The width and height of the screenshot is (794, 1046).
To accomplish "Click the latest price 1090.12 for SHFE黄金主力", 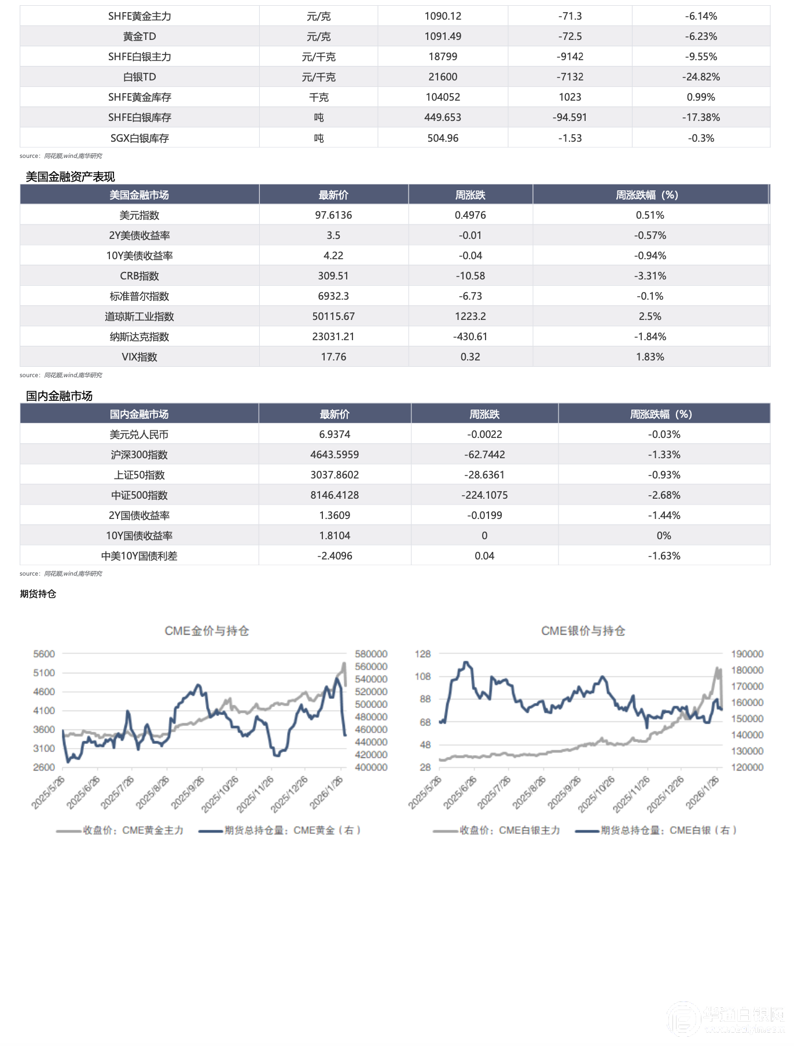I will pyautogui.click(x=443, y=16).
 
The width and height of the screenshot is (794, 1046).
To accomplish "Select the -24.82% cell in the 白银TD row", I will pyautogui.click(x=701, y=77).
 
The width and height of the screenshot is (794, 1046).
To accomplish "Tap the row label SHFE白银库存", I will pyautogui.click(x=139, y=117).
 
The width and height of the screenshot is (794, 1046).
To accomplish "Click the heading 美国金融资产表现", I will pyautogui.click(x=70, y=176).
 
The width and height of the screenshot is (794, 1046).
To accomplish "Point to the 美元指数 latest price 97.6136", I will pyautogui.click(x=333, y=215).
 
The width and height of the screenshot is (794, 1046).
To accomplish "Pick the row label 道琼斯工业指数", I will pyautogui.click(x=139, y=316).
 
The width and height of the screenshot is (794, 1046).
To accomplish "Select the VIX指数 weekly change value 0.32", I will pyautogui.click(x=470, y=357).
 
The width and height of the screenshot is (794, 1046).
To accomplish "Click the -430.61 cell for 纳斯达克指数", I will pyautogui.click(x=470, y=337).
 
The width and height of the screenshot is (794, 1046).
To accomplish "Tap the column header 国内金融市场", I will pyautogui.click(x=139, y=414).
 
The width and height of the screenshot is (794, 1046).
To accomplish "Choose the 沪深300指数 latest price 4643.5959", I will pyautogui.click(x=334, y=455).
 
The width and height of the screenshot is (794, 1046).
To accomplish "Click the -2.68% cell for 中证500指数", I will pyautogui.click(x=664, y=495).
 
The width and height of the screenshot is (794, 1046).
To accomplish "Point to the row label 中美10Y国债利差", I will pyautogui.click(x=139, y=556).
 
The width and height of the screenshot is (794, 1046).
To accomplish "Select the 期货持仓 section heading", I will pyautogui.click(x=38, y=594).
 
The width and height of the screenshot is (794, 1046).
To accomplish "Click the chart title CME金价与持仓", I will pyautogui.click(x=207, y=631).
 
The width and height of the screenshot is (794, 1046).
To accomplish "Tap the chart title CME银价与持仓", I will pyautogui.click(x=583, y=631).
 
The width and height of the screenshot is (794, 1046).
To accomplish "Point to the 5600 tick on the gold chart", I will pyautogui.click(x=44, y=654).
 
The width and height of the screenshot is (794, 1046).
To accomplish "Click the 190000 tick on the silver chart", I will pyautogui.click(x=747, y=654).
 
